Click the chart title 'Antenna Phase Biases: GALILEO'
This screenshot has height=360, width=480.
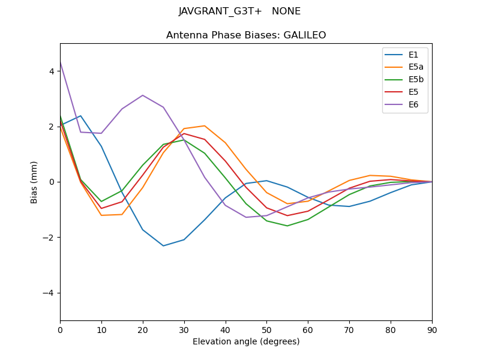tap(246, 35)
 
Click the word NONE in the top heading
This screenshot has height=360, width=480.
tap(286, 11)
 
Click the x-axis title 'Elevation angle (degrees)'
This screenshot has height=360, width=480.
tap(246, 342)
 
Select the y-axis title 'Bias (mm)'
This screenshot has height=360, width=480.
tap(35, 182)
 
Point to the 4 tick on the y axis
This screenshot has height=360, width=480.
tap(52, 71)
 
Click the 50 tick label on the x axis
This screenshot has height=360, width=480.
tap(266, 329)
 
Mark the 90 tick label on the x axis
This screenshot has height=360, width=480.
tap(432, 329)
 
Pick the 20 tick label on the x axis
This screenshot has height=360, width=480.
tap(143, 329)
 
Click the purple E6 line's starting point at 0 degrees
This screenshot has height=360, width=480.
tap(60, 62)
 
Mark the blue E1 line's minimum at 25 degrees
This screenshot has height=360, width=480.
tap(163, 245)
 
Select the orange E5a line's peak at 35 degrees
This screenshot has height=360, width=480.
tap(205, 126)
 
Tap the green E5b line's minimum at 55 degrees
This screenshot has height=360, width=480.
tap(287, 226)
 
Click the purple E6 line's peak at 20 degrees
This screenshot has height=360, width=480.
tap(143, 95)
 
